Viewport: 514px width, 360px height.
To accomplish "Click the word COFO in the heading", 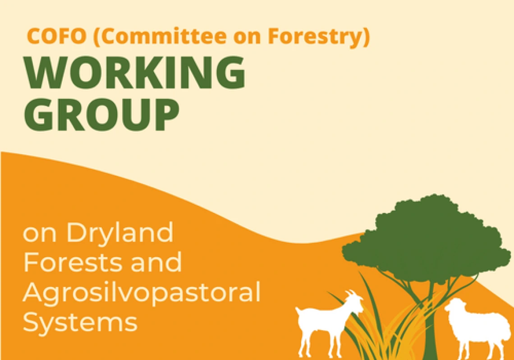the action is point(56,36).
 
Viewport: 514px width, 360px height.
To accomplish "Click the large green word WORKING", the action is point(134,73).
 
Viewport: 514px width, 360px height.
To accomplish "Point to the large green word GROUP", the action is point(101,115).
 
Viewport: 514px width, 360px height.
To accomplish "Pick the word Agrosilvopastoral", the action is point(142,292).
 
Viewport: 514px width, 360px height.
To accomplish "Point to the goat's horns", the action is point(351,292).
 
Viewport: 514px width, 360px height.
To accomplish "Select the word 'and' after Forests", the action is point(156,262).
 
